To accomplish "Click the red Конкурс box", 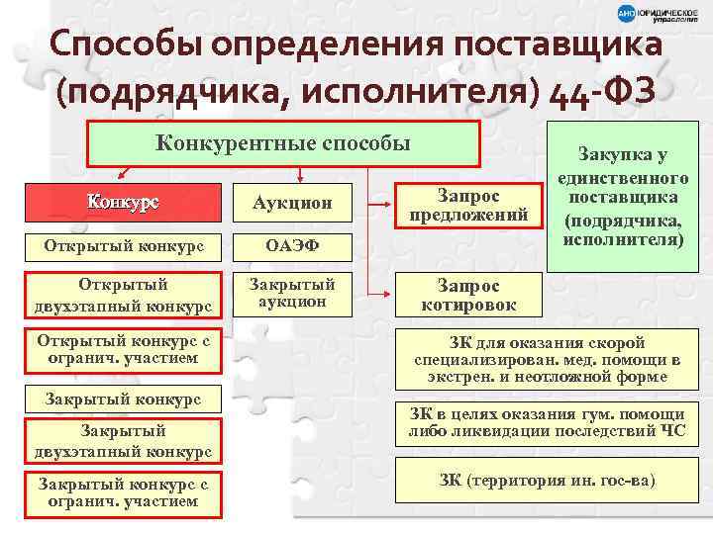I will coord(123,204).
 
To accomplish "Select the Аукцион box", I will coord(292,204).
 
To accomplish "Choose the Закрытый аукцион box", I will coord(292,294).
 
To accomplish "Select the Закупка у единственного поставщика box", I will coord(624,198).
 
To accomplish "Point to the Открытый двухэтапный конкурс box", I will coord(123,294).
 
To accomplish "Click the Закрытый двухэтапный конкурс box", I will coord(123,441).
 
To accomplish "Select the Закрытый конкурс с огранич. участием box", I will coord(123,492).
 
